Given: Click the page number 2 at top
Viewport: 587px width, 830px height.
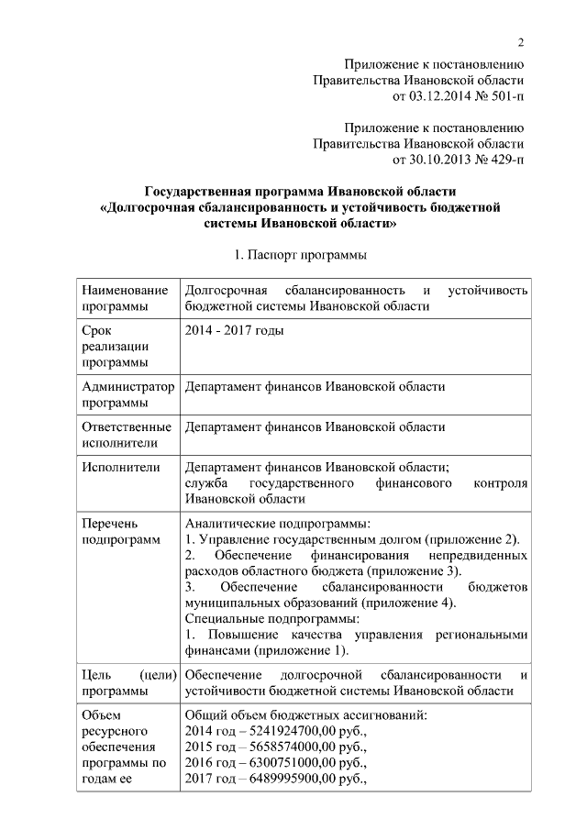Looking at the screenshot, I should pyautogui.click(x=520, y=40).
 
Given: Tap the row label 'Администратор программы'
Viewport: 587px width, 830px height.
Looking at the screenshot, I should pyautogui.click(x=127, y=394).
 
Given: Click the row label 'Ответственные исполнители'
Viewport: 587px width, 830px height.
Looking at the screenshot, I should pyautogui.click(x=127, y=435).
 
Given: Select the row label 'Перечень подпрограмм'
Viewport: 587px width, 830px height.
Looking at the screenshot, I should pyautogui.click(x=120, y=531).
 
